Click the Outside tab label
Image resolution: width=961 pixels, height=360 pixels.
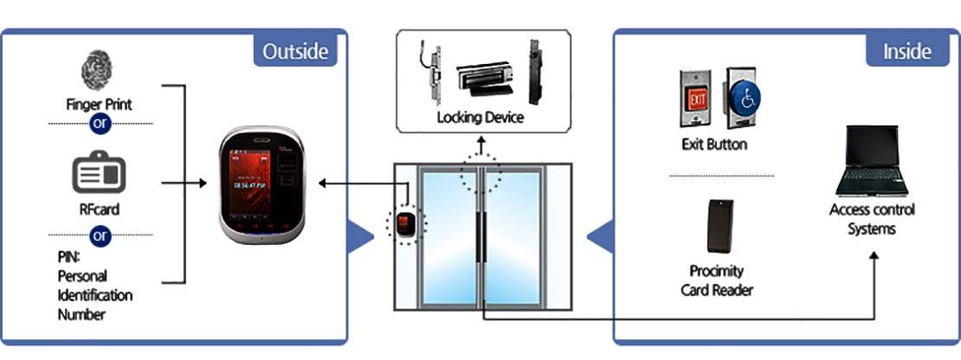295,51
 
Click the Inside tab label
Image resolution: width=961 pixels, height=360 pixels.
906,51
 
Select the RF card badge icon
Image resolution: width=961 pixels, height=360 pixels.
99,176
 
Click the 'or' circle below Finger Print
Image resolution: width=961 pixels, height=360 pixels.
100,124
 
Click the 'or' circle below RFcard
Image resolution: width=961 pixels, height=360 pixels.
100,235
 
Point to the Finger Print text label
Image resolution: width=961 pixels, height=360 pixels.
99,105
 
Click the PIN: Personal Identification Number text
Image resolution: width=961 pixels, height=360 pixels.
94,285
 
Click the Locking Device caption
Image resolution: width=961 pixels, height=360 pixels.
480,117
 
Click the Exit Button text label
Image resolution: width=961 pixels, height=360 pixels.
714,144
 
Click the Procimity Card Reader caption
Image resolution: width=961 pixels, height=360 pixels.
716,280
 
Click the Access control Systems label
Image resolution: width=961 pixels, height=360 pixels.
871,219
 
